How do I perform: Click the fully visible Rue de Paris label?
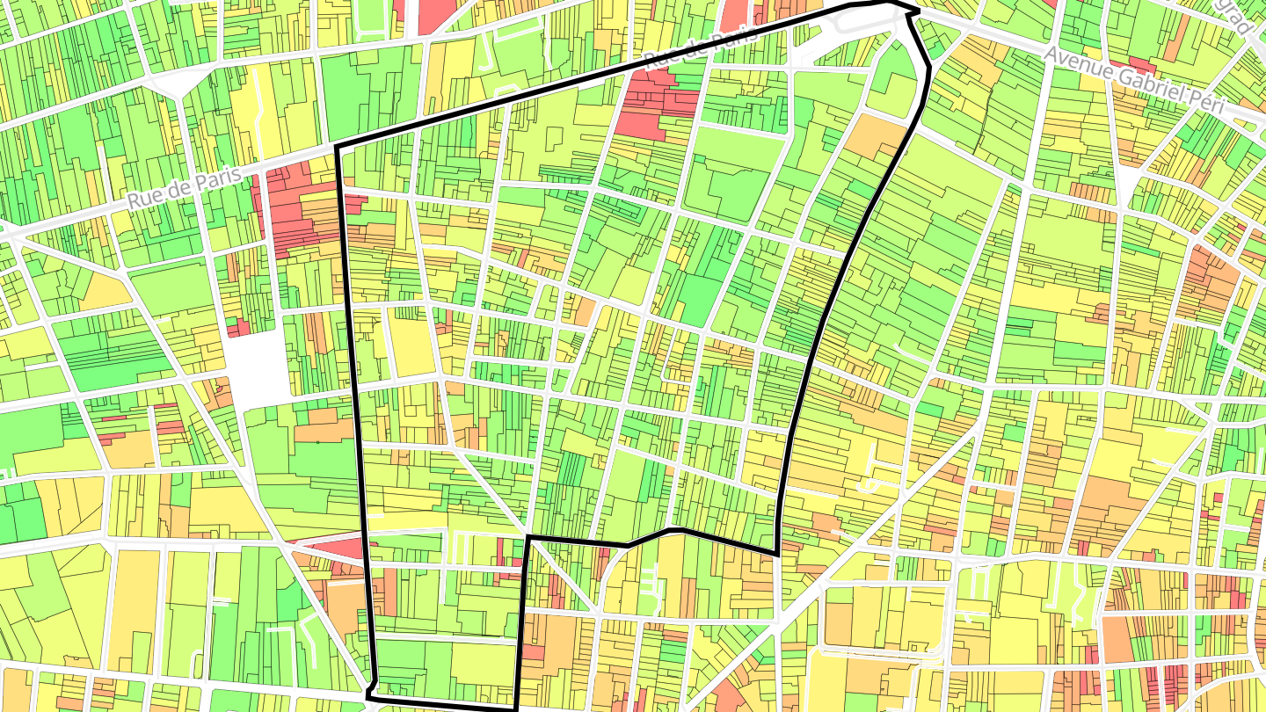pos(185,187)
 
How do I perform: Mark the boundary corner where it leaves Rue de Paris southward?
pos(338,147)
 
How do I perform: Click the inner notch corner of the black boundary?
pos(527,537)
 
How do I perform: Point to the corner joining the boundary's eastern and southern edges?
pos(777,553)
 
